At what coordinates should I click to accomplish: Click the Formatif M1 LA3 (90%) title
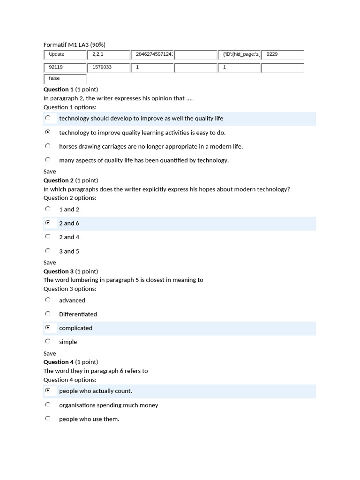click(74, 45)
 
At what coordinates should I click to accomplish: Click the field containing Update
click(65, 55)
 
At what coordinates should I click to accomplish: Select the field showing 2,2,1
click(108, 55)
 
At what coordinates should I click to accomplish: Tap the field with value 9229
click(283, 55)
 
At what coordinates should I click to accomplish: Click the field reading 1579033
click(108, 68)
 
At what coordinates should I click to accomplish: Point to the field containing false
click(65, 79)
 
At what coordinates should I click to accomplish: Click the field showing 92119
click(65, 68)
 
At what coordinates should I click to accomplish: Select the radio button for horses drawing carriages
click(47, 146)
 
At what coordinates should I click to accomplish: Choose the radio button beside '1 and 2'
click(47, 209)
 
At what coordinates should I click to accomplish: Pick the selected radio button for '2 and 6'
click(47, 223)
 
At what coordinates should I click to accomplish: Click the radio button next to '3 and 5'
click(47, 251)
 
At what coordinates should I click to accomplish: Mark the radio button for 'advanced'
click(47, 300)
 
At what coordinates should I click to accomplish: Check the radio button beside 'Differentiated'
click(47, 314)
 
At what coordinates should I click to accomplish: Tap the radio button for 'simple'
click(47, 341)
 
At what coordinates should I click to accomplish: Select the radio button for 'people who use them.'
click(47, 419)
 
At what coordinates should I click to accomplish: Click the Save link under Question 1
click(50, 172)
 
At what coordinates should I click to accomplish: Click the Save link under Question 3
click(50, 353)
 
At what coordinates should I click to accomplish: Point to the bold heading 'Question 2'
click(59, 180)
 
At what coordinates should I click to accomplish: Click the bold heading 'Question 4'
click(59, 362)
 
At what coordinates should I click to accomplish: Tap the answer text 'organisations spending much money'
click(108, 405)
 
